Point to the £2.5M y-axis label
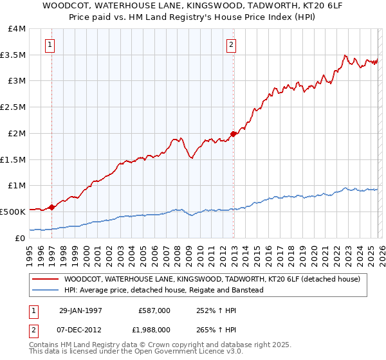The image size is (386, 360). (x=14, y=107)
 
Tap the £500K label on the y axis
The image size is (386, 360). (x=13, y=212)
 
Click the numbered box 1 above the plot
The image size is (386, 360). (x=50, y=45)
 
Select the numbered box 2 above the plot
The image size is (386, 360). (x=231, y=45)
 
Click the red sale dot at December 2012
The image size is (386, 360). (x=233, y=134)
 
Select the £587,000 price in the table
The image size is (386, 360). (x=154, y=310)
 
